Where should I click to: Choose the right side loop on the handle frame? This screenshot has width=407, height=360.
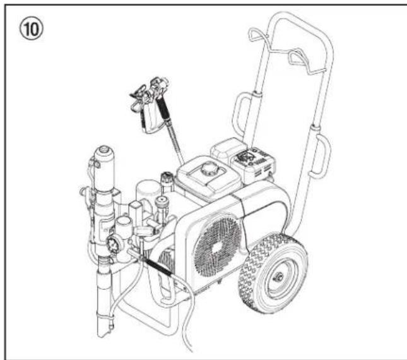tap(323, 150)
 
